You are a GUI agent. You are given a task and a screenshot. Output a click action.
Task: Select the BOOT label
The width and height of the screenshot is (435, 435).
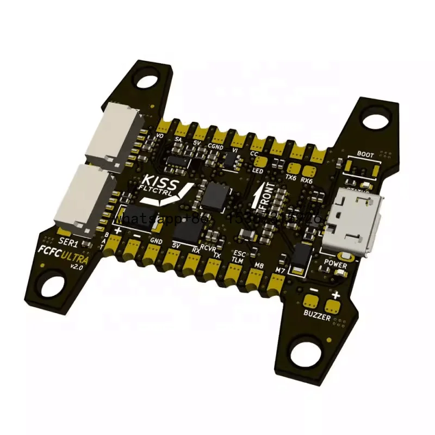coord(365,154)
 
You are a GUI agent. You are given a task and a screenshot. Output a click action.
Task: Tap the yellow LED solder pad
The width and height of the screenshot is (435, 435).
coord(260,161)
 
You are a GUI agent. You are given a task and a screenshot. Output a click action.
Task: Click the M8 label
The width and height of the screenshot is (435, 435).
coord(259,265)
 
